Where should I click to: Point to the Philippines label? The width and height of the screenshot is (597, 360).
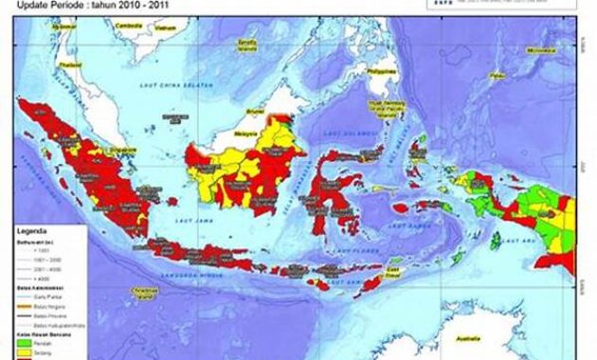[381, 70]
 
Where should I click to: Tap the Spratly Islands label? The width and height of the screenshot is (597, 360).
[248, 45]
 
